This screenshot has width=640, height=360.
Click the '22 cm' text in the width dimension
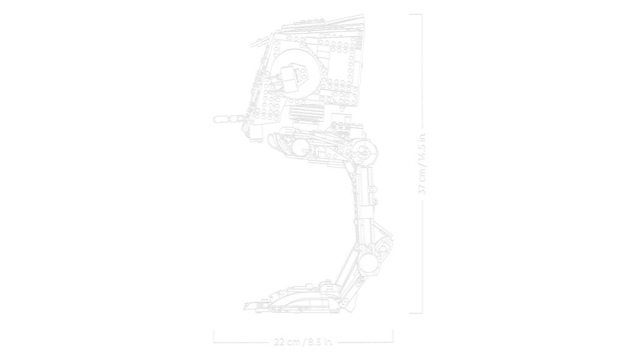click(286, 342)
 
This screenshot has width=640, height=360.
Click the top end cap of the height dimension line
click(416, 15)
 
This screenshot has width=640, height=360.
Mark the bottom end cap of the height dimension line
click(416, 313)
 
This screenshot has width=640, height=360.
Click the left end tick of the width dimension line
click(214, 336)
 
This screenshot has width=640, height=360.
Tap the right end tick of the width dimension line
click(392, 336)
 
